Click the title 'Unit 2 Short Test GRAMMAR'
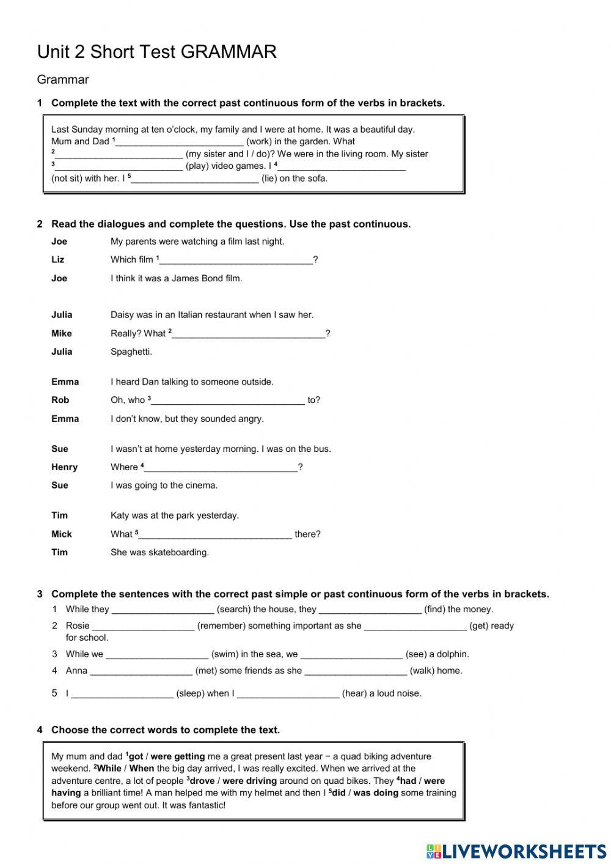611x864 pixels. coord(157,52)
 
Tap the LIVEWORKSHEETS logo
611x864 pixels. coord(516,851)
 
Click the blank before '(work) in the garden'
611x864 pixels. coord(180,141)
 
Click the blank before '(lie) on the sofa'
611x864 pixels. coord(195,179)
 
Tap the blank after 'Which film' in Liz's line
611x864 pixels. coord(236,260)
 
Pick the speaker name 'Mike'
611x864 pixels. coord(62,333)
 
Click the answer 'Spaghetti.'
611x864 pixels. coord(131,352)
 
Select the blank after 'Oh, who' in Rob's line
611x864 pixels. coord(228,401)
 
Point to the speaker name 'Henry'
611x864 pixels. coord(64,467)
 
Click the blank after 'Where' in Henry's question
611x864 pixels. coord(221,467)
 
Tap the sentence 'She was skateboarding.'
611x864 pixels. coord(159,552)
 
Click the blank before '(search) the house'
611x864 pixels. coord(163,609)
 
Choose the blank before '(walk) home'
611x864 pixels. coord(356,671)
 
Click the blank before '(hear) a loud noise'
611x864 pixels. coord(288,693)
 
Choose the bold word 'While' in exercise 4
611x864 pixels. coord(109,769)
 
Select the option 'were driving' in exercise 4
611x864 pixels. coord(249,781)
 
